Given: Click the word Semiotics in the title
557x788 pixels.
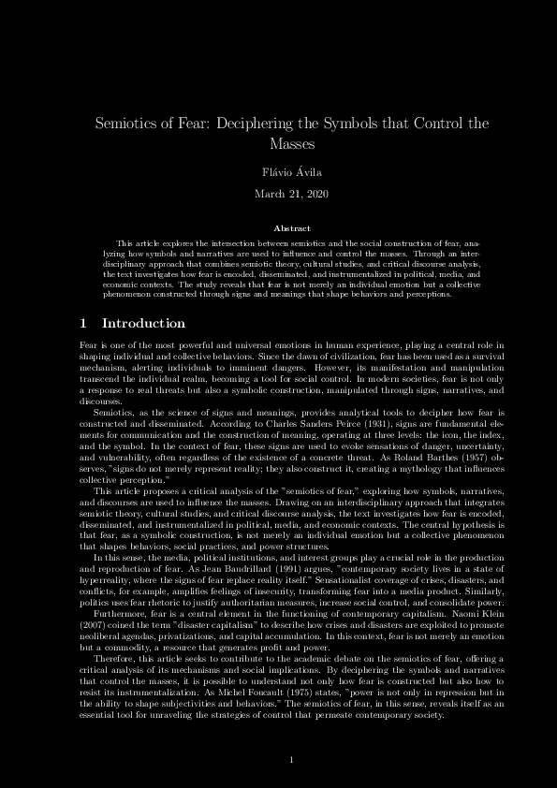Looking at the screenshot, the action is (x=127, y=124).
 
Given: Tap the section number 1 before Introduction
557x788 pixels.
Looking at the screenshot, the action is (x=84, y=323).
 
